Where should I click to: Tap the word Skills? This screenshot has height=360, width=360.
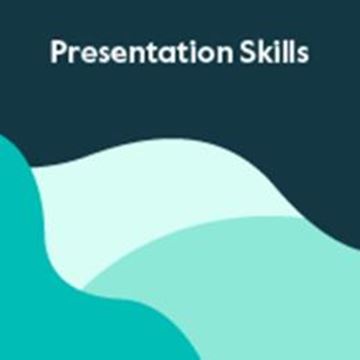click(x=272, y=54)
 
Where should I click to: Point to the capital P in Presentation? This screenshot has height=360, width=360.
click(x=58, y=54)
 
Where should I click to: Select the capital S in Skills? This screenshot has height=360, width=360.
click(x=246, y=54)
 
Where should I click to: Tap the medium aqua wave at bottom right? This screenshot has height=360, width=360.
click(x=250, y=300)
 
